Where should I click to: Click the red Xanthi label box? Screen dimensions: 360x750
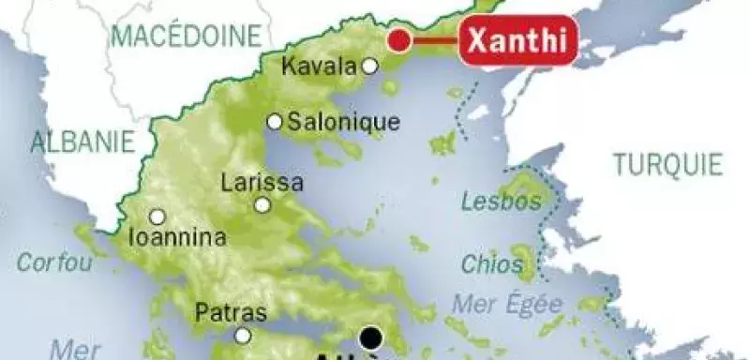pos(518,42)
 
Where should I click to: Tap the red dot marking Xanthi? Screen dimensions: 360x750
pos(399,40)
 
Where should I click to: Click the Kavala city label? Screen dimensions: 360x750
pos(319,67)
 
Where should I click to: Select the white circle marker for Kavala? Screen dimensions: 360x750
pos(370,66)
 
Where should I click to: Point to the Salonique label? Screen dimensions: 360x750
pos(343,122)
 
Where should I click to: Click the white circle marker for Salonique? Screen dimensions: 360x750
pos(275,122)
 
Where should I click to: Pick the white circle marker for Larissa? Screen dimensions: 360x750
pos(262,205)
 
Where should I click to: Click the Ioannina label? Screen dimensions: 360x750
pos(180,237)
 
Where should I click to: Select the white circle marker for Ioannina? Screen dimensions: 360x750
pos(157,216)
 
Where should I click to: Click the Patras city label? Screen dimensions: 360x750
pos(231,313)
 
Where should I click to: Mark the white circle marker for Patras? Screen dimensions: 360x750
pos(244,335)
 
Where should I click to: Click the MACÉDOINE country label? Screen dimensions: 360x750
pos(185,37)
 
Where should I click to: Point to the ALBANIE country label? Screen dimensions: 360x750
pos(83,142)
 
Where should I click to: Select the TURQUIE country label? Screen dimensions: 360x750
pos(668,165)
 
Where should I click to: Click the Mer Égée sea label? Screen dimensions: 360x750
pos(507,305)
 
